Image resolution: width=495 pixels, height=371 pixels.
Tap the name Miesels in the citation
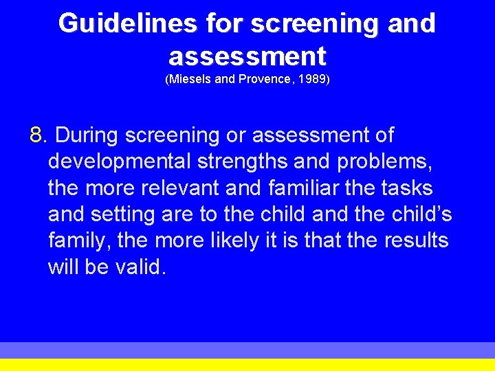point(189,80)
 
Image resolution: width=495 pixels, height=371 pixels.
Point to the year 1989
point(313,80)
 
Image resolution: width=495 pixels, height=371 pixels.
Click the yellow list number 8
point(37,135)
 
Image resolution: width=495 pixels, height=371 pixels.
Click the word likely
point(204,241)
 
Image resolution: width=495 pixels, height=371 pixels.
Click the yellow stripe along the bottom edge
point(247,365)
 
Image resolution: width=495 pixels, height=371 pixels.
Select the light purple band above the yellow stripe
point(247,350)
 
